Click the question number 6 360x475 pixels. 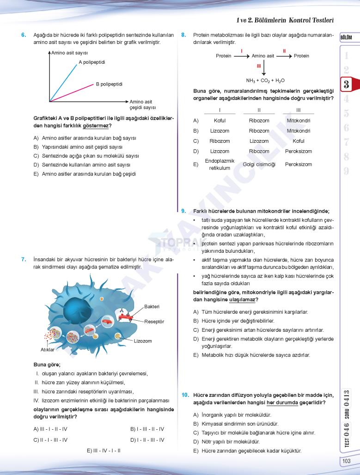point(24,35)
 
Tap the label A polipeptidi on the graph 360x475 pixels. point(92,62)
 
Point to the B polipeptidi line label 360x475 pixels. point(109,84)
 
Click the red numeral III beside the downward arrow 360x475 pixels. point(259,66)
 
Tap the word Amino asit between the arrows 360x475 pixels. point(262,56)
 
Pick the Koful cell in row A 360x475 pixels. point(220,121)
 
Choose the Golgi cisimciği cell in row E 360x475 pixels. point(259,164)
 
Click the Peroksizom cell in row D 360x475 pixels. point(298,151)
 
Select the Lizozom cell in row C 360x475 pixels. point(259,141)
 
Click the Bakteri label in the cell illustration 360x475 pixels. point(152,306)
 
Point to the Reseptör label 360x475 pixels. point(154,321)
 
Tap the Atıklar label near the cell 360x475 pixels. point(48,349)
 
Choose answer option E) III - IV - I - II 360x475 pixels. point(104,450)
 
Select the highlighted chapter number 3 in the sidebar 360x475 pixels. point(346,85)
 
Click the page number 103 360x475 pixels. point(346,461)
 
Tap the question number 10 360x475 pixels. point(185,395)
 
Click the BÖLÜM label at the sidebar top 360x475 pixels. point(346,37)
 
